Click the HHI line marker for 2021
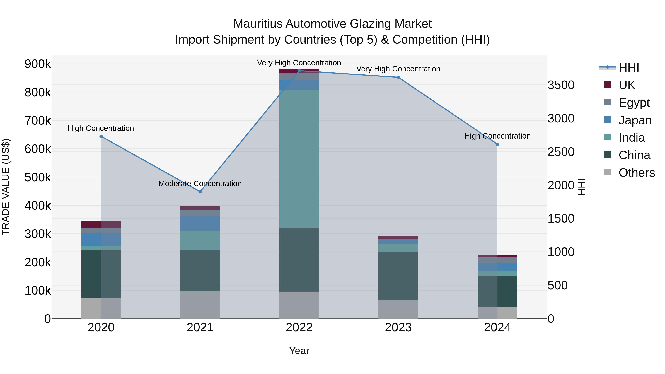pyautogui.click(x=200, y=192)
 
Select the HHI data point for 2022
pyautogui.click(x=299, y=71)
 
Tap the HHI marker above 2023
pyautogui.click(x=398, y=77)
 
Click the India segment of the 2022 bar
pyautogui.click(x=299, y=159)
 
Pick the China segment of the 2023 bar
pyautogui.click(x=398, y=276)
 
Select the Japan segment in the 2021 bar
pyautogui.click(x=200, y=223)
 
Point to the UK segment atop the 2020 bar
pyautogui.click(x=101, y=224)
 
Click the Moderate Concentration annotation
pyautogui.click(x=200, y=184)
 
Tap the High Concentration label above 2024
pyautogui.click(x=497, y=136)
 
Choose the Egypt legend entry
pyautogui.click(x=634, y=103)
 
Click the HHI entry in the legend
pyautogui.click(x=629, y=68)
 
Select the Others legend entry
pyautogui.click(x=637, y=173)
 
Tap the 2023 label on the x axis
pyautogui.click(x=398, y=327)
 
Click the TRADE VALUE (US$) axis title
pyautogui.click(x=6, y=187)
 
